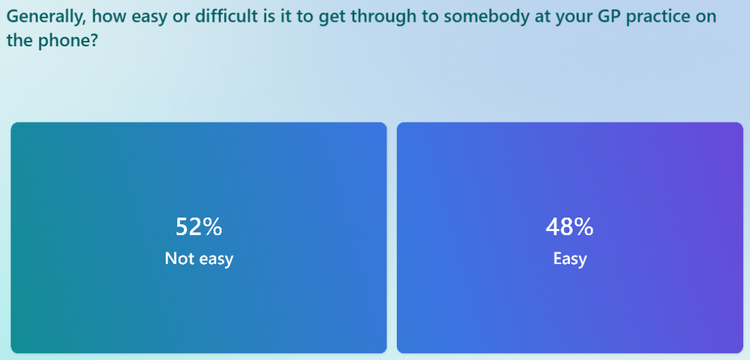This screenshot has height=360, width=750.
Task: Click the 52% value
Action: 199,227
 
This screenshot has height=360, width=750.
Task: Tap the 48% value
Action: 569,227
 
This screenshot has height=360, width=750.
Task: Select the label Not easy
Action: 199,258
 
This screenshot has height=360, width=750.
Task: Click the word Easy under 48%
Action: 570,259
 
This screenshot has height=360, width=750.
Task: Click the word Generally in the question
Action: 46,17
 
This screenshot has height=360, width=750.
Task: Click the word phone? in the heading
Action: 70,41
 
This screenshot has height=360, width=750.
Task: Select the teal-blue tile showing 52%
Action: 198,237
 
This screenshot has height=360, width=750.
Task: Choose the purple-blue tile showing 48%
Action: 570,237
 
